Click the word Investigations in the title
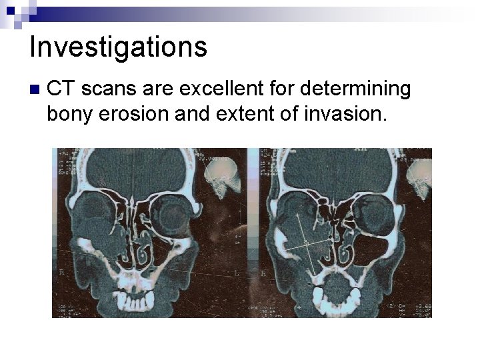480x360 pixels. coord(118,47)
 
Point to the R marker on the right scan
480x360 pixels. coord(263,273)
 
